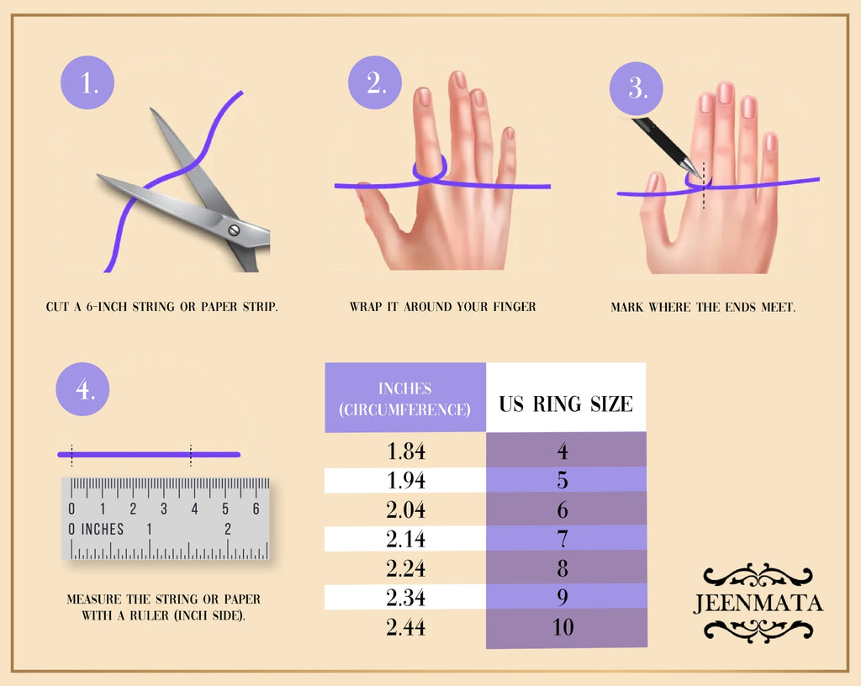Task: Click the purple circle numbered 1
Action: pyautogui.click(x=87, y=82)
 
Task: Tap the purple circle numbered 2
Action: pyautogui.click(x=375, y=82)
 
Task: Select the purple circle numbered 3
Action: pyautogui.click(x=637, y=88)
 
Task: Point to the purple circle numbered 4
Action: pyautogui.click(x=83, y=388)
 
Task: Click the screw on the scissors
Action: pyautogui.click(x=234, y=230)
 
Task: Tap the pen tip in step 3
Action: pyautogui.click(x=699, y=176)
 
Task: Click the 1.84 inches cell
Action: pyautogui.click(x=406, y=451)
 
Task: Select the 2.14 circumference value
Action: pyautogui.click(x=406, y=539)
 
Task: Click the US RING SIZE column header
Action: pyautogui.click(x=566, y=404)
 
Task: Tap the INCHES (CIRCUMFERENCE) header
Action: pyautogui.click(x=405, y=399)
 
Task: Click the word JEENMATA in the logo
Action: pyautogui.click(x=758, y=603)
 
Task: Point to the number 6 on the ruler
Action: pyautogui.click(x=256, y=509)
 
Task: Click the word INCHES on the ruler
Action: pyautogui.click(x=102, y=529)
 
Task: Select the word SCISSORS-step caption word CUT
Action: pyautogui.click(x=58, y=307)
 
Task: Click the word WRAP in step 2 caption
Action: pyautogui.click(x=367, y=307)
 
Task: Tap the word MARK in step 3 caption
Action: pyautogui.click(x=627, y=308)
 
